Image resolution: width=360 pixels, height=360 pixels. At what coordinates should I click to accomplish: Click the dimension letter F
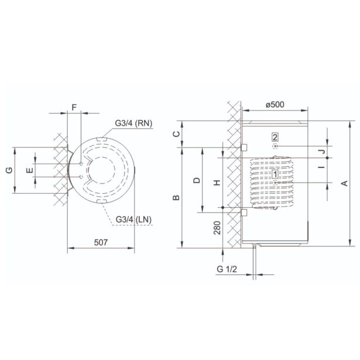pyautogui.click(x=74, y=107)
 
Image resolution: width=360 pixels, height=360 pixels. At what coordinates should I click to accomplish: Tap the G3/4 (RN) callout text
pyautogui.click(x=133, y=124)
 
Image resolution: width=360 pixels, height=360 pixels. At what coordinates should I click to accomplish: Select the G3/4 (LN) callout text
pyautogui.click(x=133, y=220)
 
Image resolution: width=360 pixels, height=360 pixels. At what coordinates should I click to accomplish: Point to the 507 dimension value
pyautogui.click(x=101, y=242)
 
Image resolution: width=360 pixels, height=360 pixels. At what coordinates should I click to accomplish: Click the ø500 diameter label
pyautogui.click(x=275, y=104)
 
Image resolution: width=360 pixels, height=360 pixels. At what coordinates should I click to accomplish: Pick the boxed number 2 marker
pyautogui.click(x=275, y=138)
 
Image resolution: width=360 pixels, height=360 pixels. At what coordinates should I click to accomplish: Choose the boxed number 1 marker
pyautogui.click(x=275, y=174)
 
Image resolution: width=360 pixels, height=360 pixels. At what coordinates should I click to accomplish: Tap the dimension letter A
pyautogui.click(x=345, y=183)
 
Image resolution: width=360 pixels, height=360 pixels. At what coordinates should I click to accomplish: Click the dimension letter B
pyautogui.click(x=176, y=197)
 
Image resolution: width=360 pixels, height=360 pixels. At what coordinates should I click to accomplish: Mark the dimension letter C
pyautogui.click(x=176, y=134)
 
